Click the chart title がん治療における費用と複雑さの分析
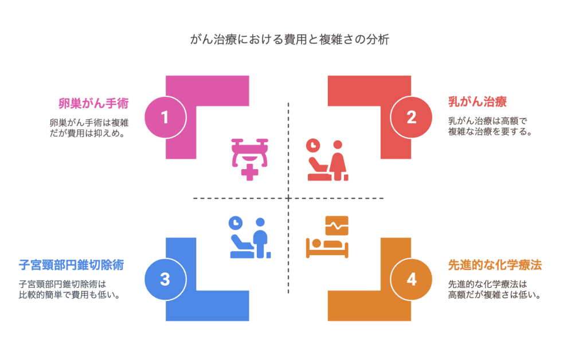click(293, 41)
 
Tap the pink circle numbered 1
click(165, 118)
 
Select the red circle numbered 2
click(411, 118)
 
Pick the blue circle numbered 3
click(165, 279)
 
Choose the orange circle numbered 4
click(411, 279)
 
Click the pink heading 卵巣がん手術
click(93, 104)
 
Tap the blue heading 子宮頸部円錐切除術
click(72, 265)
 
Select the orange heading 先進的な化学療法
click(495, 265)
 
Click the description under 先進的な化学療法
click(495, 289)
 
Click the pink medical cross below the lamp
click(249, 173)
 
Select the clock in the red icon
click(312, 146)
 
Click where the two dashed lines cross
click(288, 198)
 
